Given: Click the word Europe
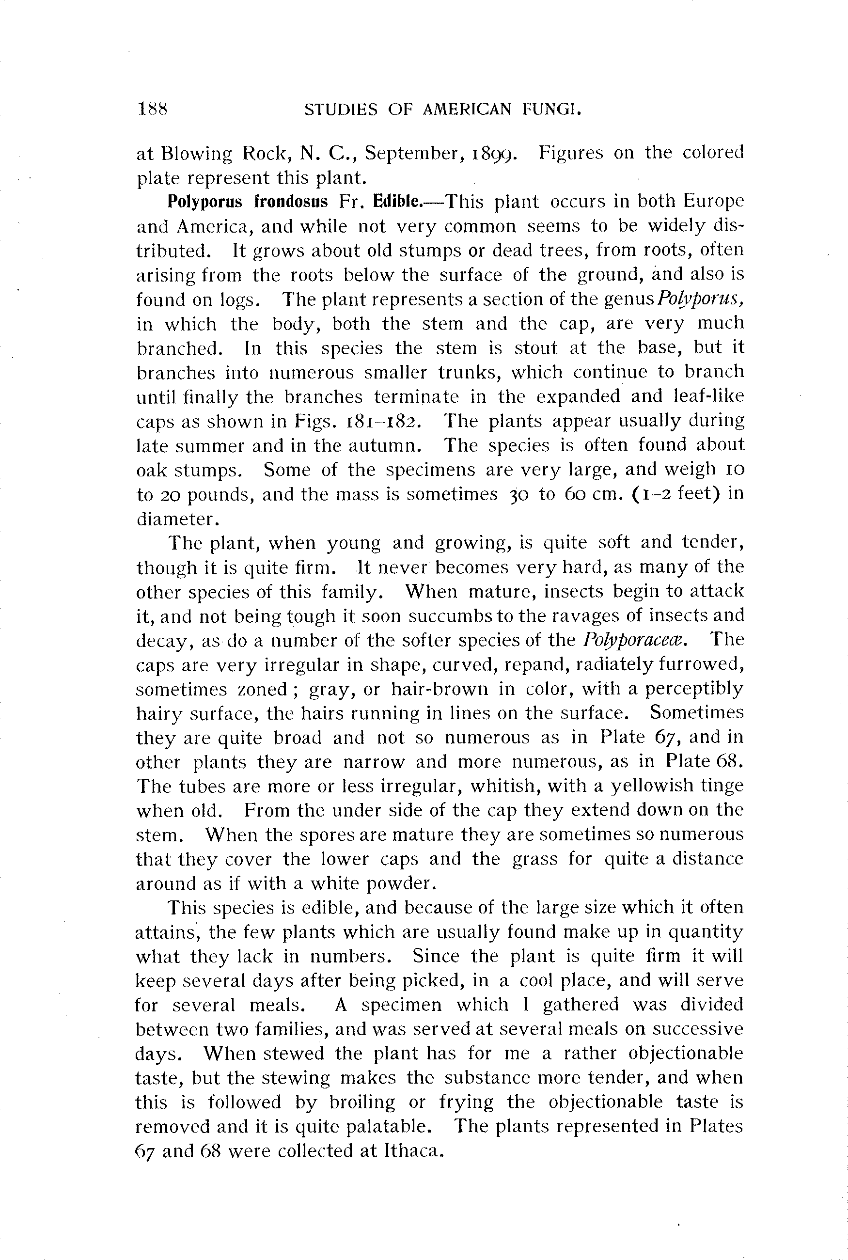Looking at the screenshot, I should point(713,202).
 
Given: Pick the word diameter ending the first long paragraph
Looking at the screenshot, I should point(174,519).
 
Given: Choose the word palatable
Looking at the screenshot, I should point(388,1126).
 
